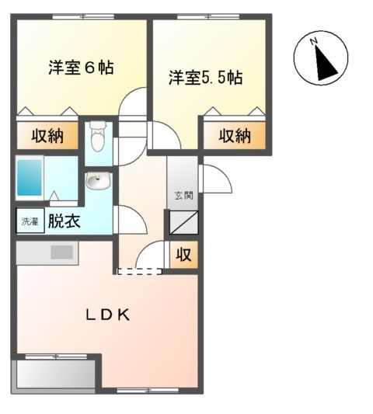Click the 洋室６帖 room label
pyautogui.click(x=80, y=68)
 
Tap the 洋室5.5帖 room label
pyautogui.click(x=206, y=78)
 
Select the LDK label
pyautogui.click(x=106, y=315)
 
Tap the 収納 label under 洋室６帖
pyautogui.click(x=47, y=136)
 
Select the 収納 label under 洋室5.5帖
pyautogui.click(x=234, y=136)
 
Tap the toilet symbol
pyautogui.click(x=97, y=139)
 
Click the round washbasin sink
pyautogui.click(x=97, y=183)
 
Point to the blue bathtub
pyautogui.click(x=32, y=179)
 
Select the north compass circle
pyautogui.click(x=320, y=58)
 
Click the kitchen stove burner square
pyautogui.click(x=62, y=252)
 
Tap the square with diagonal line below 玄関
pyautogui.click(x=184, y=223)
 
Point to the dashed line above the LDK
pyautogui.click(x=140, y=272)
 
